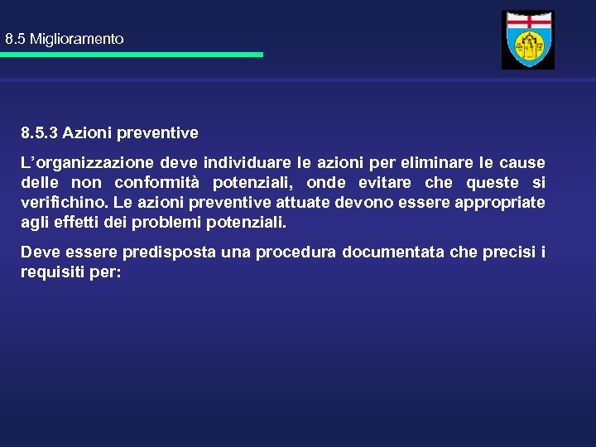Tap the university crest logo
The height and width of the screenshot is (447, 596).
tap(528, 40)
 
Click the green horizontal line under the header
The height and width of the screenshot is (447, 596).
tap(132, 55)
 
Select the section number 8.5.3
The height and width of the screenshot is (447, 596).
tap(40, 132)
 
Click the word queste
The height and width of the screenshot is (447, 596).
tap(494, 183)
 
